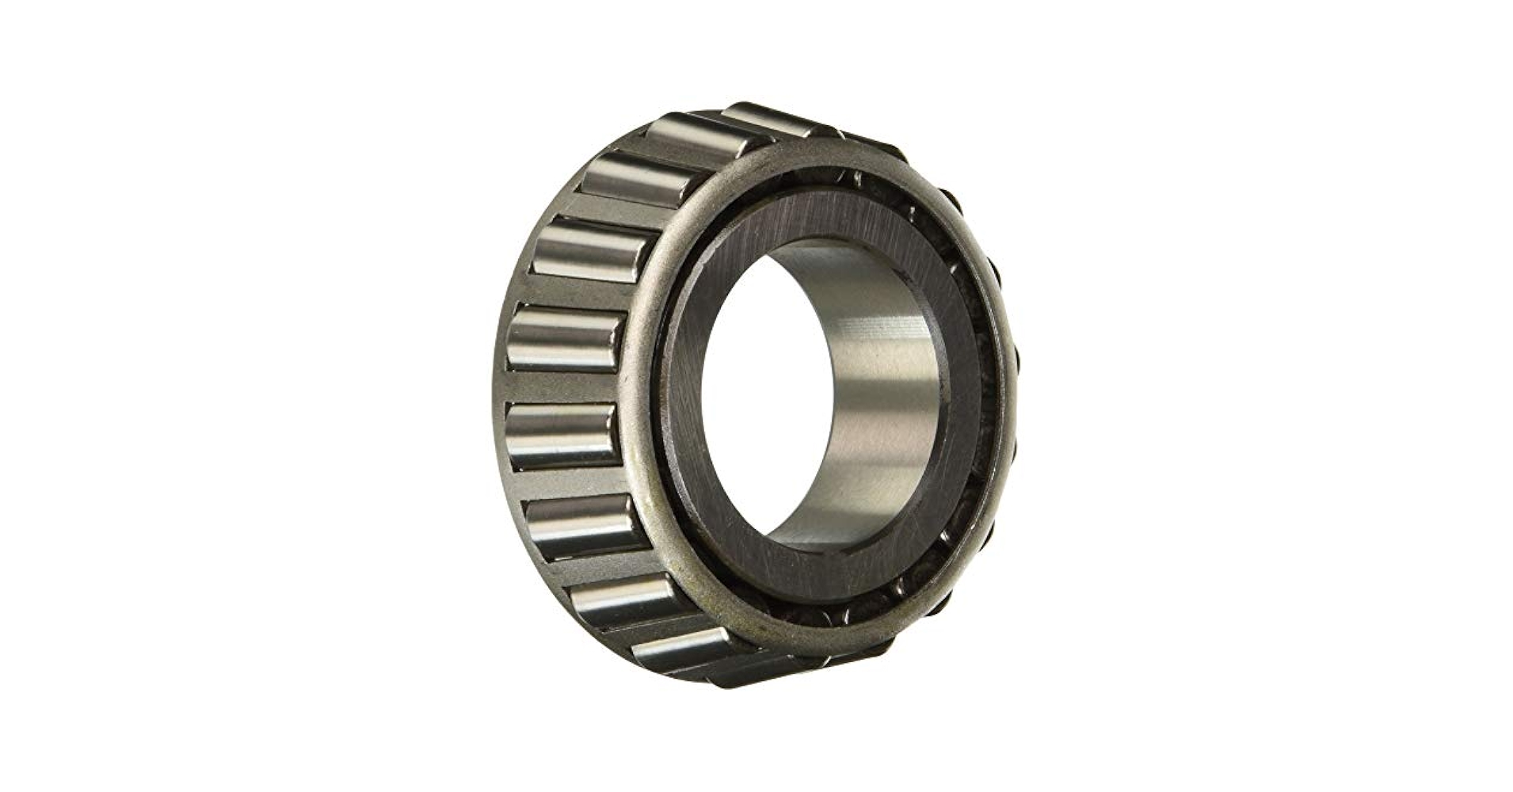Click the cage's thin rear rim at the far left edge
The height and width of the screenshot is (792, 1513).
[x=501, y=380]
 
